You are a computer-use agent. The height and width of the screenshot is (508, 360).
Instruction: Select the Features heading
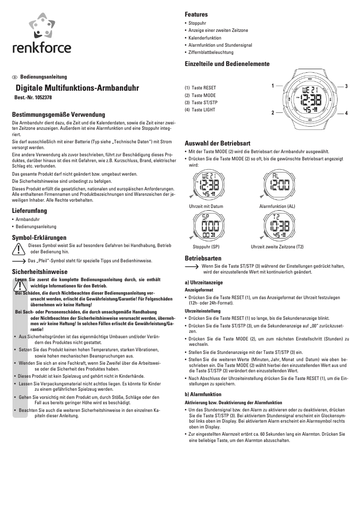click(196, 15)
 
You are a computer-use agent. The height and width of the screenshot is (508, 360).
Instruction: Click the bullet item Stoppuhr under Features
click(198, 23)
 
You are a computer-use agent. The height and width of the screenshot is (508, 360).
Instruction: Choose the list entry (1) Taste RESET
click(200, 88)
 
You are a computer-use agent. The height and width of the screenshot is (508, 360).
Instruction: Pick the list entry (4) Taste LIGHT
click(200, 110)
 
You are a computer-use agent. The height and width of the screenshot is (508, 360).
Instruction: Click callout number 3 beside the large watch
click(347, 85)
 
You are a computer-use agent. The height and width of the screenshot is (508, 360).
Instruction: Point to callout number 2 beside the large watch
click(272, 113)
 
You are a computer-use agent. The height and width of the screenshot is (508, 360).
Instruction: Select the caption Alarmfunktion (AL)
click(277, 206)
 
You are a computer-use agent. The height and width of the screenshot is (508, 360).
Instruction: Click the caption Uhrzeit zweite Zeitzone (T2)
click(277, 247)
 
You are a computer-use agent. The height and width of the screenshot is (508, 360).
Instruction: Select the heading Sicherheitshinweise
click(40, 272)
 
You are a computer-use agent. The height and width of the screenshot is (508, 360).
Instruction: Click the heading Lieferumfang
click(29, 211)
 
